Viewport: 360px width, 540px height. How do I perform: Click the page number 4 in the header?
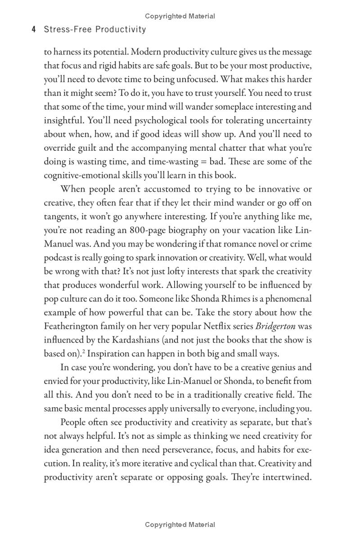34,30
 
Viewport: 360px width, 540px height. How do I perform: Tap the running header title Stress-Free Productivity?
95,30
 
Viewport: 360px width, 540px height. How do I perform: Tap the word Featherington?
74,326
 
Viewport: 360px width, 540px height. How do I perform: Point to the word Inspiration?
112,353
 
